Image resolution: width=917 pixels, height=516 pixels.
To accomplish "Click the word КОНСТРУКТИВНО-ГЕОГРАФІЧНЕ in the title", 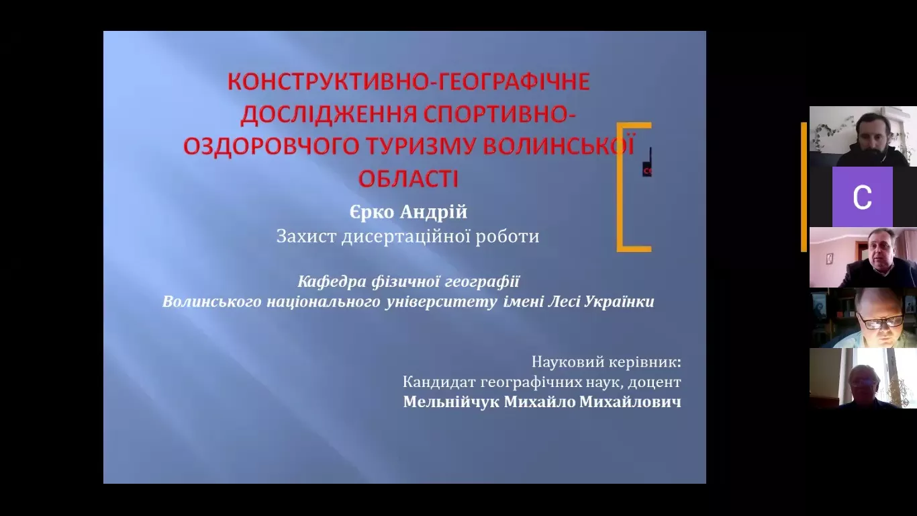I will tap(408, 83).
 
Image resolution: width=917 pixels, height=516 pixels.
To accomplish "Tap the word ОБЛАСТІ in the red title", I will tap(408, 179).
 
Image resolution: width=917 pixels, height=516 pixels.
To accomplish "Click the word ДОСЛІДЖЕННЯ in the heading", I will tap(329, 115).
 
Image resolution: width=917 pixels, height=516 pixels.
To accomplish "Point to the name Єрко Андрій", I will tap(408, 212).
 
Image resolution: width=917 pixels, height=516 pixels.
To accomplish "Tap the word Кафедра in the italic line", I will tap(326, 282).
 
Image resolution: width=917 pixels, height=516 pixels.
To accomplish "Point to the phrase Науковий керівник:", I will tap(606, 362).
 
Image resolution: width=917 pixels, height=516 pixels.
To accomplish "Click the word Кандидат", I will tap(439, 382).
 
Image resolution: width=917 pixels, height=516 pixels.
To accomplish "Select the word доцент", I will tap(659, 382).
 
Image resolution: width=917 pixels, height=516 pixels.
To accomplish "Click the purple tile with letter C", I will tap(862, 197).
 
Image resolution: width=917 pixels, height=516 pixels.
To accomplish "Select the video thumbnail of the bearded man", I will tap(863, 136).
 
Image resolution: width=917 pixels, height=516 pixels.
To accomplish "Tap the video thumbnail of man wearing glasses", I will tap(863, 318).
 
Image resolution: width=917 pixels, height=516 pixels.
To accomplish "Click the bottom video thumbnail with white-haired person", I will tap(863, 378).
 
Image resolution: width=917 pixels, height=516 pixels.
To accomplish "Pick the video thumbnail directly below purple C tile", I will tap(863, 257).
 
